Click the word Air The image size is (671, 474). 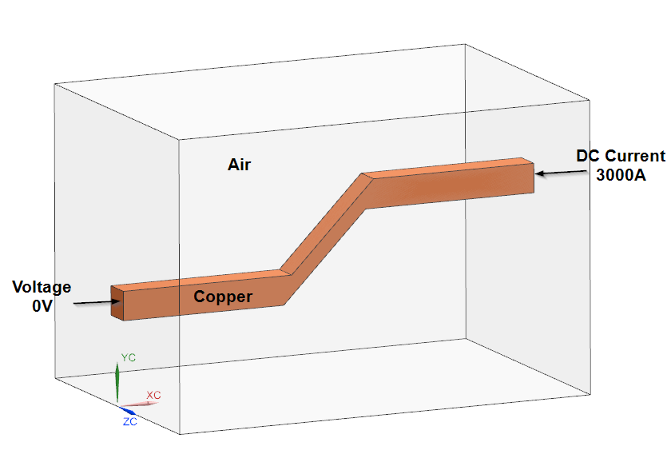(240, 165)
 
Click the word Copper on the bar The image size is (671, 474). (224, 297)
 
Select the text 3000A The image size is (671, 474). (621, 174)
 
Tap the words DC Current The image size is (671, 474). (621, 156)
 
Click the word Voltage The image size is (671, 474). (41, 287)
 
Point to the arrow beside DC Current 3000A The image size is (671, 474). (553, 172)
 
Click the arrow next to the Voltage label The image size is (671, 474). (96, 302)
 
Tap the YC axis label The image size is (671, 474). (128, 357)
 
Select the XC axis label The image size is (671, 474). (154, 395)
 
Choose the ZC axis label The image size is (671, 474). (129, 421)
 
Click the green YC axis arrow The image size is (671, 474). (117, 382)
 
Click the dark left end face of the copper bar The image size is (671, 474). (118, 303)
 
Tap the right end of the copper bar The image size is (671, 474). (527, 177)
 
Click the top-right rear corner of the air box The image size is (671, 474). (590, 100)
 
